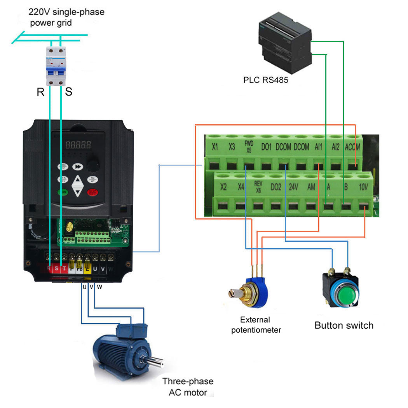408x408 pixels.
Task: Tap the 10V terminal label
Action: pos(363,187)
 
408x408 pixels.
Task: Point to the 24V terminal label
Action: pos(293,187)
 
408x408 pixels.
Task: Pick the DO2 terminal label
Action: pos(275,187)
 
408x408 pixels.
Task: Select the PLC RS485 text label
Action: pos(266,81)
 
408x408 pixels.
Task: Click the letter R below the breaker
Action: pos(40,92)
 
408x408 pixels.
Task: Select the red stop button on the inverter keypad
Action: pos(92,192)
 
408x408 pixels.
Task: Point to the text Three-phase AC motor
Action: pos(188,387)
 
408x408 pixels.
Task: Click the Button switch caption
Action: pos(343,325)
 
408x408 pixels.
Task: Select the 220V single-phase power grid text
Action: pos(66,17)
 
